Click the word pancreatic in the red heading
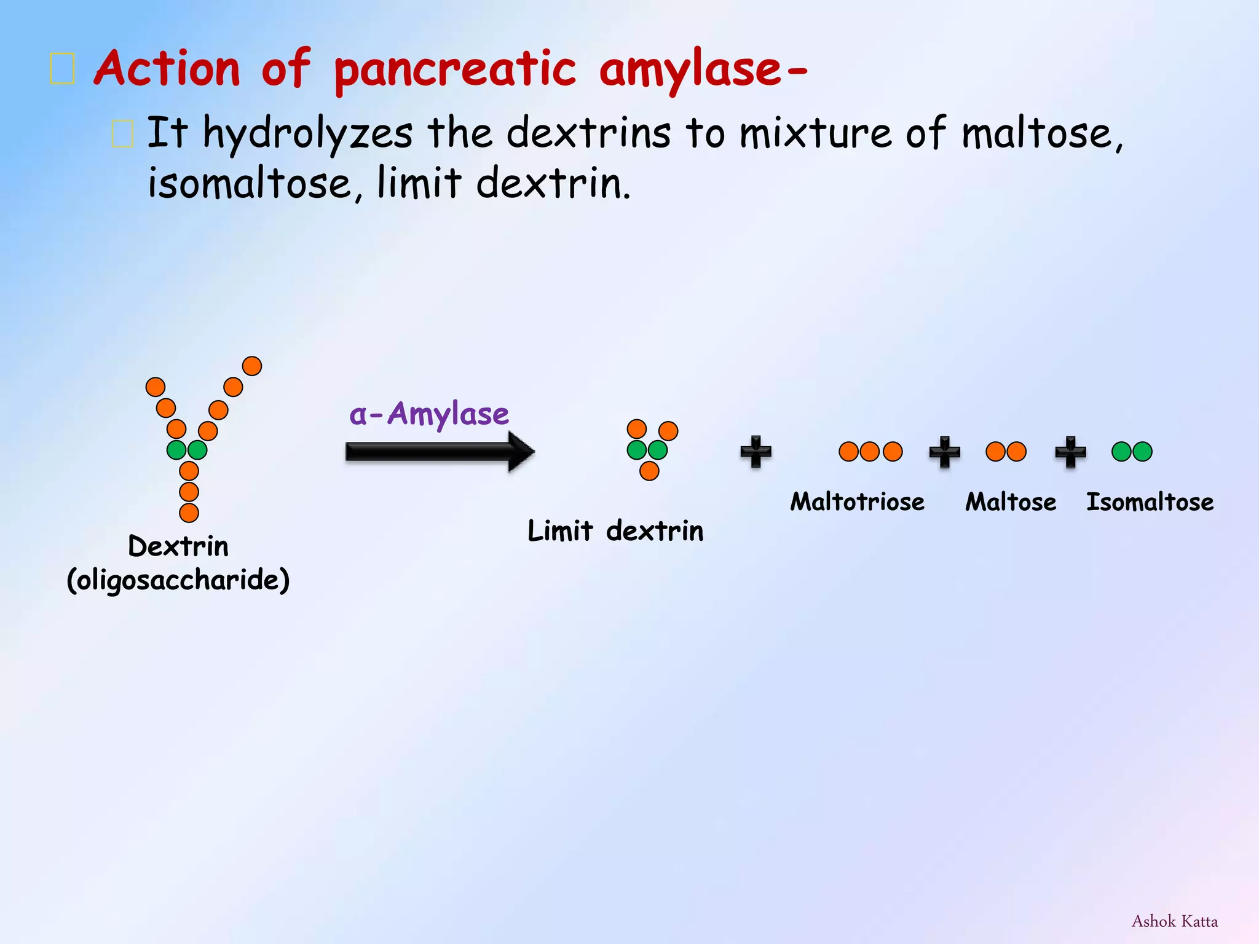coord(455,69)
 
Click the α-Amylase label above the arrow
coord(429,414)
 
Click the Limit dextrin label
coord(615,530)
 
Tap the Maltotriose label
coord(857,502)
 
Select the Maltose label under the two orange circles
coord(1011,502)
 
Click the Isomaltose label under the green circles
coord(1150,502)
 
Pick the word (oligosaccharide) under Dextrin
coord(178,580)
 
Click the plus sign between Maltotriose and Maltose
coord(945,452)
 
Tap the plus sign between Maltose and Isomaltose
coord(1071,452)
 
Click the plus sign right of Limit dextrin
coord(756,452)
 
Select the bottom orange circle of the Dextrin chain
coord(189,513)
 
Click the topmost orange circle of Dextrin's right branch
coord(252,366)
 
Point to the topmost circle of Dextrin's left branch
coord(156,387)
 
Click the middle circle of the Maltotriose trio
coord(870,452)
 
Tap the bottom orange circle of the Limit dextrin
coord(649,471)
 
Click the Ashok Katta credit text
coord(1175,921)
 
